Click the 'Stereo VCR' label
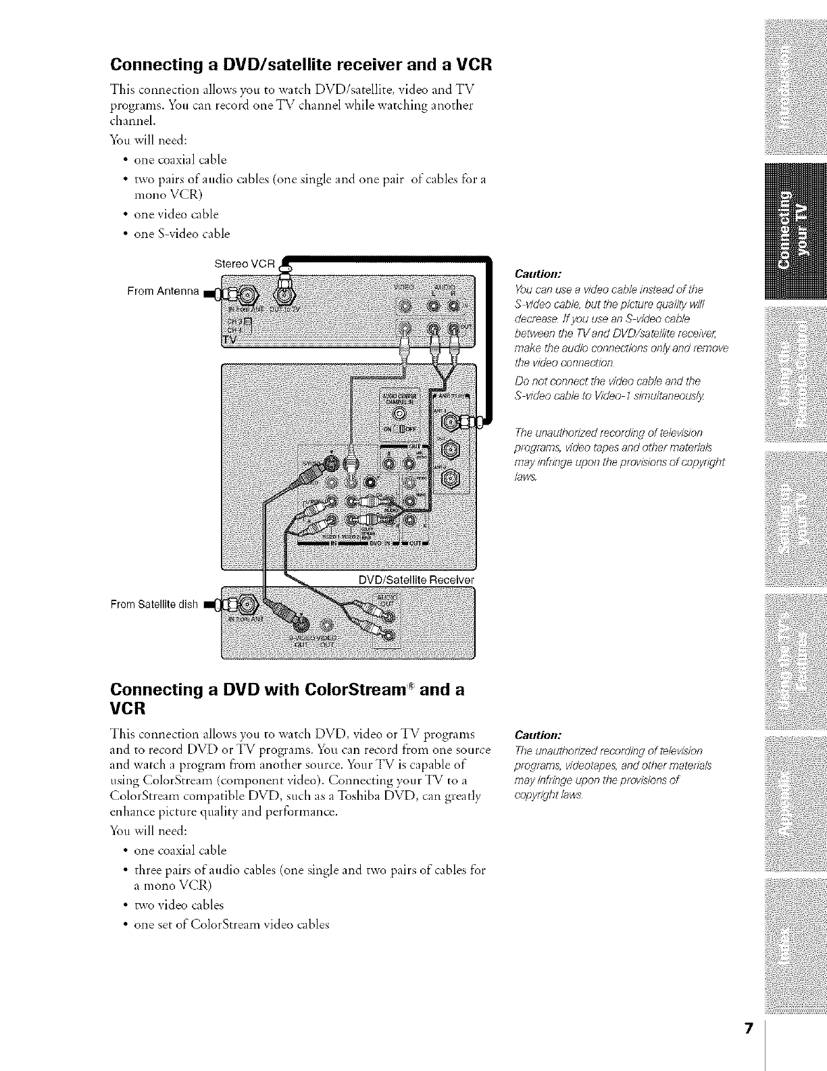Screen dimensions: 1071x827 tap(243, 264)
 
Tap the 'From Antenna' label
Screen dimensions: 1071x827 tap(163, 291)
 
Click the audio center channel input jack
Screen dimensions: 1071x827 tap(399, 414)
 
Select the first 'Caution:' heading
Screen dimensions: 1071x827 tap(534, 275)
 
